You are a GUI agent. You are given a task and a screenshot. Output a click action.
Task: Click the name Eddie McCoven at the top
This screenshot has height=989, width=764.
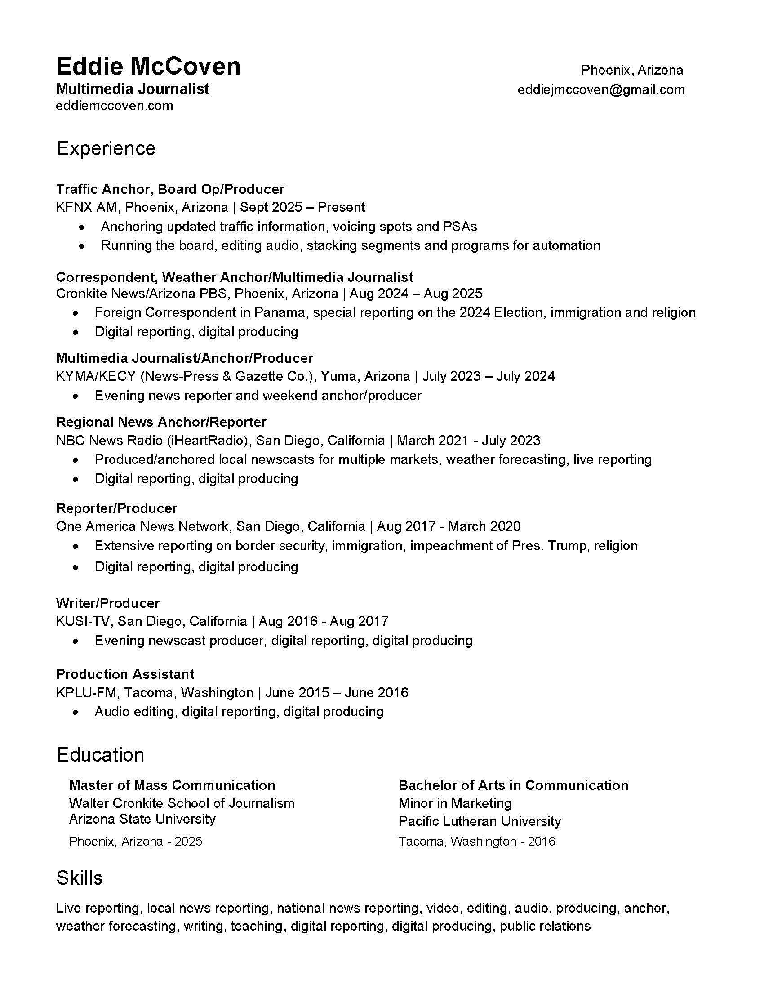point(148,67)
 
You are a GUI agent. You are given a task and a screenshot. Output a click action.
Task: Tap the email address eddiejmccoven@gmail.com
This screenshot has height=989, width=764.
point(600,89)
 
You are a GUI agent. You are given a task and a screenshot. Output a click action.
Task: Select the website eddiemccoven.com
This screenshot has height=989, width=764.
point(115,106)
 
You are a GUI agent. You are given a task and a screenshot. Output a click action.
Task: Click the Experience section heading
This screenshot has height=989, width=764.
point(106,148)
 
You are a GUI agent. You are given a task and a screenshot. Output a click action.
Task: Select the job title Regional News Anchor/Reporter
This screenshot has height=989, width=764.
point(161,422)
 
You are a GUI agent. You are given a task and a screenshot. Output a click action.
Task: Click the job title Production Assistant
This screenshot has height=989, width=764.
point(125,674)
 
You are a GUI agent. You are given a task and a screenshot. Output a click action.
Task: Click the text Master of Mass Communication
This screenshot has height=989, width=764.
point(172,785)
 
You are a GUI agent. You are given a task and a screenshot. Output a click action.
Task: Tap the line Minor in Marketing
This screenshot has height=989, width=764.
point(455,803)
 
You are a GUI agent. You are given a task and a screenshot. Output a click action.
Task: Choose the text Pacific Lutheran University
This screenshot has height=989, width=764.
point(480,821)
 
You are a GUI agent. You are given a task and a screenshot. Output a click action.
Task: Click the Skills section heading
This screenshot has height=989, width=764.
point(79,878)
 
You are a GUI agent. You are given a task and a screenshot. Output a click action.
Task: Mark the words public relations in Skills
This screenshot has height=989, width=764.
point(545,926)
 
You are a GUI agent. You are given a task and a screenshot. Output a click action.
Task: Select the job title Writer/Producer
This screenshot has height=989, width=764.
point(108,603)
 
